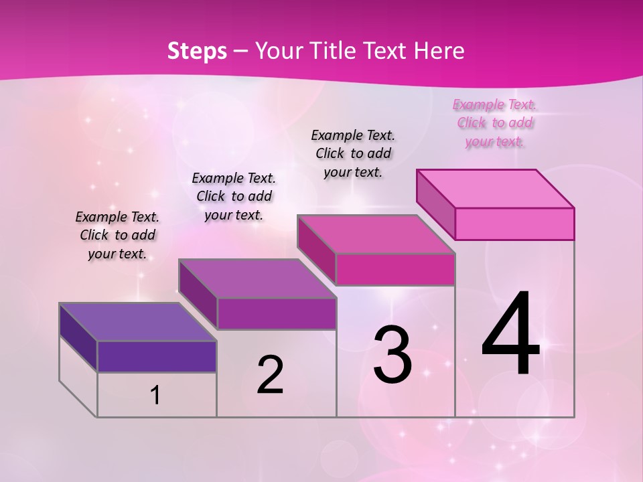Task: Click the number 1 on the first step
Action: click(155, 395)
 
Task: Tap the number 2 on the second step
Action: click(270, 375)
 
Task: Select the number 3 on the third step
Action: click(392, 355)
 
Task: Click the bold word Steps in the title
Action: click(197, 51)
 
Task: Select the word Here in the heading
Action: click(441, 51)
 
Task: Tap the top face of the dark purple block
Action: click(137, 322)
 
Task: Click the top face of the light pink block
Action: click(496, 189)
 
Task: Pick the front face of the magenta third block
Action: click(395, 270)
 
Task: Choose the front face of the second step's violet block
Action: click(277, 313)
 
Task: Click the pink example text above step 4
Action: click(495, 123)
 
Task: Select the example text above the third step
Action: click(354, 153)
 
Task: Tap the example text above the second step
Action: click(234, 196)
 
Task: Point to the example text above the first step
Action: click(117, 235)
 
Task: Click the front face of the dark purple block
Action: click(157, 356)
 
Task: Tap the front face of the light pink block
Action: click(514, 224)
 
